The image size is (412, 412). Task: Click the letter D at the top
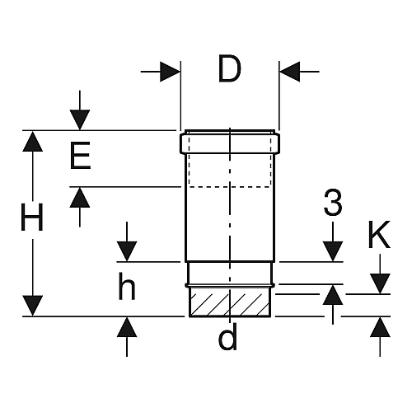coord(230,68)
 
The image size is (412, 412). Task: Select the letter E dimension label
coord(80,155)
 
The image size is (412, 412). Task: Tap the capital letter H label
coord(32,217)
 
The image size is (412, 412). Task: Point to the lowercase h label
coord(127,286)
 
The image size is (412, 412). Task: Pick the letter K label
coord(379,234)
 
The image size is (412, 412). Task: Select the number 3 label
coord(333,203)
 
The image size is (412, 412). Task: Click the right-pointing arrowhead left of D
coord(170,72)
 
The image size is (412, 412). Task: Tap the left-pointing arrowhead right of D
coord(289,72)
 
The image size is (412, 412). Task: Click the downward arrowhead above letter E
coord(80,119)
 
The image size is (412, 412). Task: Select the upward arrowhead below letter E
coord(80,197)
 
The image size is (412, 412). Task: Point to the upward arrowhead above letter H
coord(32,141)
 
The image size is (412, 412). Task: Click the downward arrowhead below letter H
coord(32,306)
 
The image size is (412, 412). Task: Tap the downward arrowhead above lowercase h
coord(127,251)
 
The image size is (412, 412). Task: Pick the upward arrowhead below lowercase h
coord(127,327)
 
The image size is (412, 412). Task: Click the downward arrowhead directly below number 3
coord(333,251)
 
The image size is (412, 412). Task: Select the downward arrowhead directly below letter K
coord(380,283)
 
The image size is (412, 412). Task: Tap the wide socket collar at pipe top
coord(230,143)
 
